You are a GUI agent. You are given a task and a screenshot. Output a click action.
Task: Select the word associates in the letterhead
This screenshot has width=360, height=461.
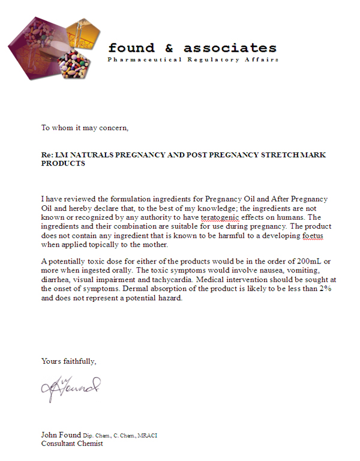coord(230,48)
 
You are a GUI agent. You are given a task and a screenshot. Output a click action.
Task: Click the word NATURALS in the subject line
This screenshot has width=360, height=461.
coord(92,155)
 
